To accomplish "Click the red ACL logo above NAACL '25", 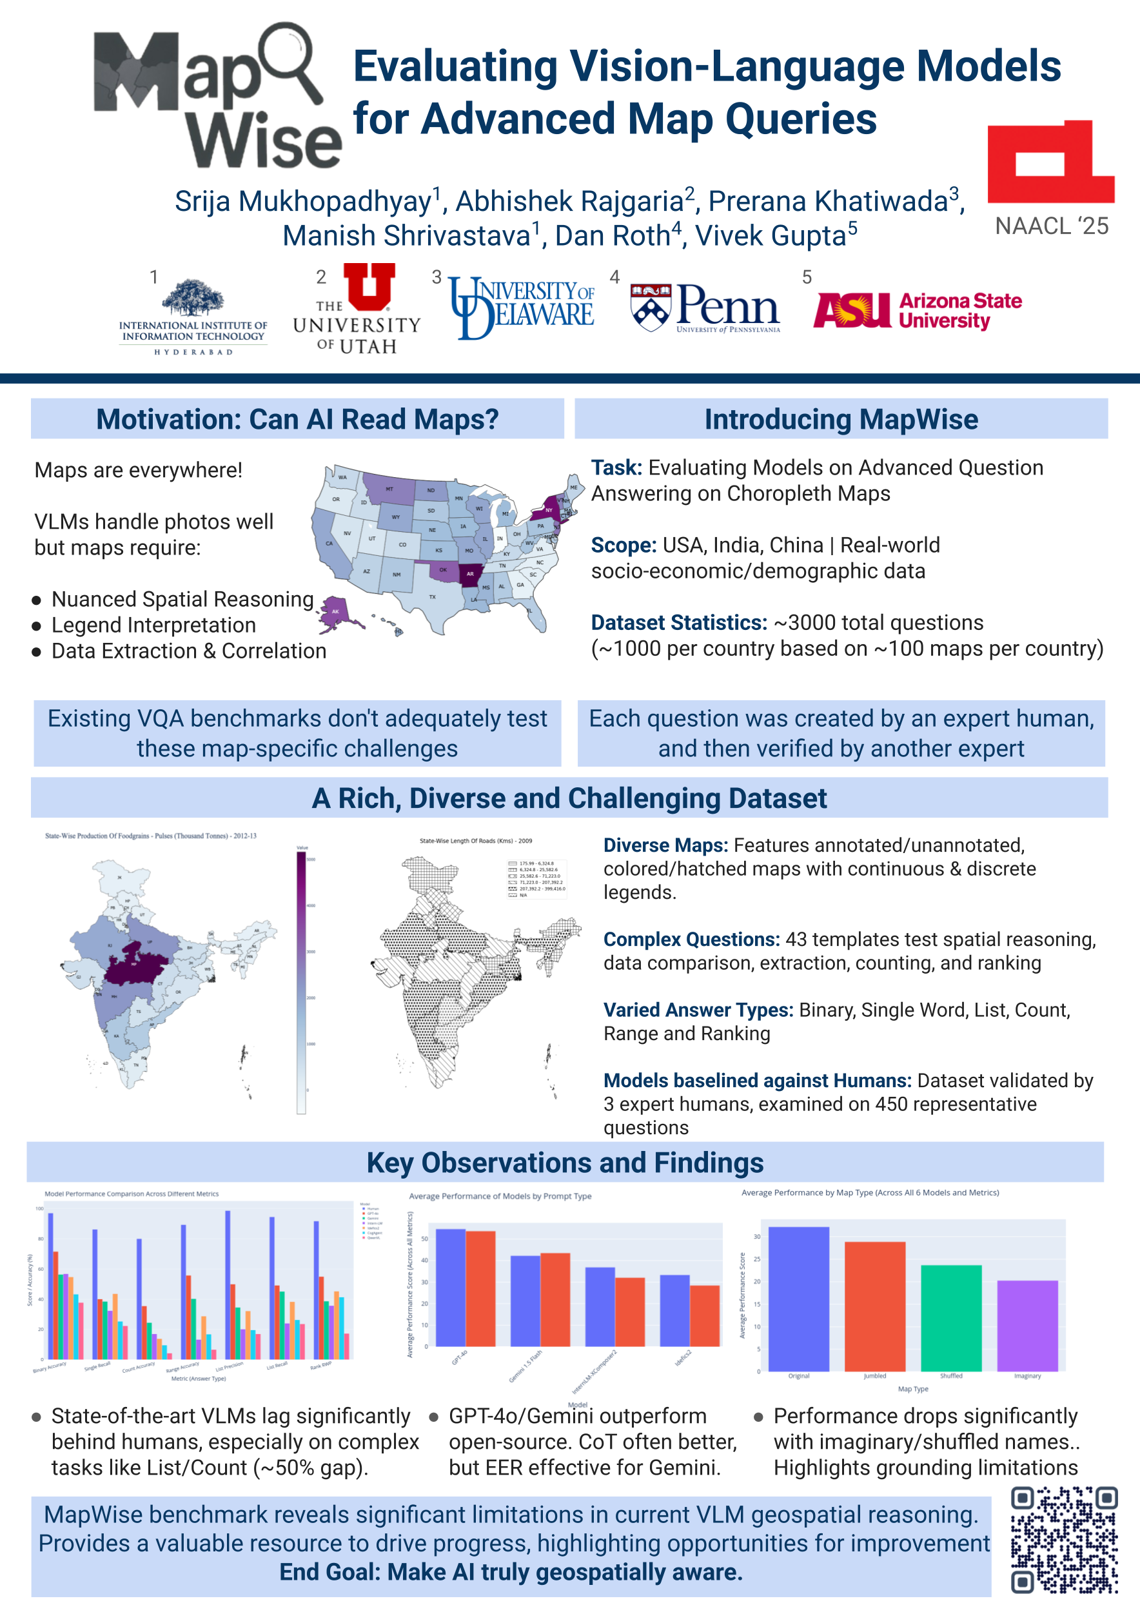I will point(1050,163).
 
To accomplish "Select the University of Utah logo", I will point(357,308).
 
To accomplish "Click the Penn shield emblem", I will point(651,307).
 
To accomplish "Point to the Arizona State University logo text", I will point(959,310).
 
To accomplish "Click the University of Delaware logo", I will point(522,308).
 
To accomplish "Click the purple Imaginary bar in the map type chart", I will point(1027,1325).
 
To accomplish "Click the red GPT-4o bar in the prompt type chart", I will point(480,1288).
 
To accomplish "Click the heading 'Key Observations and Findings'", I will point(564,1163).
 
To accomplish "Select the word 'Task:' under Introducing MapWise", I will point(616,467).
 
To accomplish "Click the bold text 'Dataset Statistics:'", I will point(678,623).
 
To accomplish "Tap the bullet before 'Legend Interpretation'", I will point(37,625).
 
